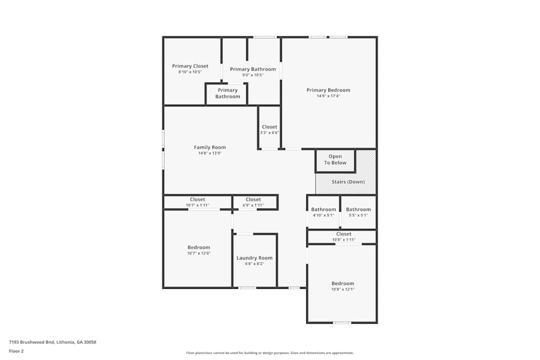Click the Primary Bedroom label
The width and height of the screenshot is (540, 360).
[328, 90]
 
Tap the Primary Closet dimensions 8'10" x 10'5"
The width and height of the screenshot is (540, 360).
[190, 72]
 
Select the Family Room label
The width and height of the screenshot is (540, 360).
[210, 147]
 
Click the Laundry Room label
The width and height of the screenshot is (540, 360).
[254, 258]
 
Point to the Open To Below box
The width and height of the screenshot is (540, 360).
[335, 160]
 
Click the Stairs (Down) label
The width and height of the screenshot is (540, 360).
[348, 182]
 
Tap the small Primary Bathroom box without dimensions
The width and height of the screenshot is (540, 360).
[227, 93]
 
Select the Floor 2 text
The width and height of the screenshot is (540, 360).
[16, 351]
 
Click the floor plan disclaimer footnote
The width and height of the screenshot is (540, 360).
[269, 352]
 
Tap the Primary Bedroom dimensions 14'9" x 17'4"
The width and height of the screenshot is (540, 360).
[328, 96]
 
